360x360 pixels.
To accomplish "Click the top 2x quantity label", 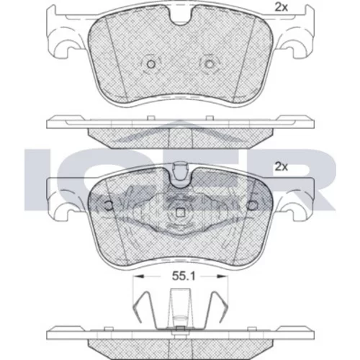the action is point(281,8).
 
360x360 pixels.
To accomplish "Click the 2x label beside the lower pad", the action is point(281,166).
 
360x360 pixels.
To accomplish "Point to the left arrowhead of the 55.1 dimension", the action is point(139,276).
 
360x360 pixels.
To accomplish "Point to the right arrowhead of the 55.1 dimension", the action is point(222,276).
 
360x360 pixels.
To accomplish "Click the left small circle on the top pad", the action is point(151,64).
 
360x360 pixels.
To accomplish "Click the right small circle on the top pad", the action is point(210,64).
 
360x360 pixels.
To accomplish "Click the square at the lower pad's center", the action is point(180,212).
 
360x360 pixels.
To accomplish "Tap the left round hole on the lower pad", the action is point(109,205).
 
